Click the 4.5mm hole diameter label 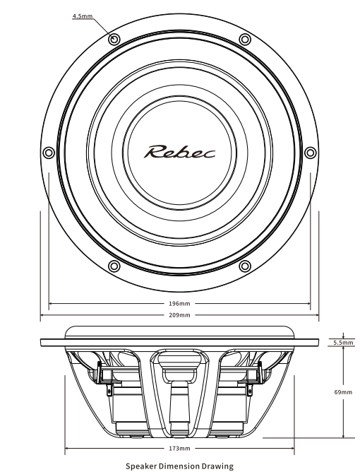83,16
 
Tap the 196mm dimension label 179,303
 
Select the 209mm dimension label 179,315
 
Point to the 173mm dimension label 179,449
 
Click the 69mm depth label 343,392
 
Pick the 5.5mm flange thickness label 343,342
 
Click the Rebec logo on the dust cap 179,152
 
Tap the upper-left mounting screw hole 114,39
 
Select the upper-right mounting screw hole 245,39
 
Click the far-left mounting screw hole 49,153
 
